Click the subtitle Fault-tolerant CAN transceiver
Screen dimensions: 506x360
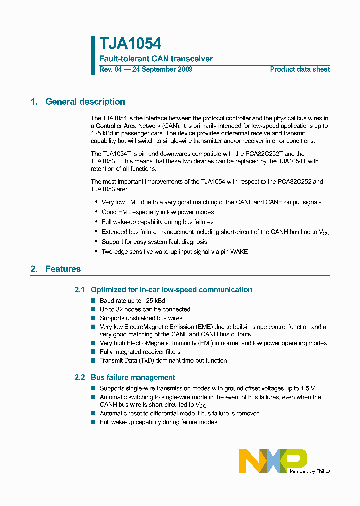[x=156, y=59]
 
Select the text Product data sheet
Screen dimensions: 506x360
[x=300, y=69]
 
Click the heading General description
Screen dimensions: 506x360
[x=85, y=102]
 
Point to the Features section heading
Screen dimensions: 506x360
[x=63, y=269]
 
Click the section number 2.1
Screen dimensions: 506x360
[x=80, y=290]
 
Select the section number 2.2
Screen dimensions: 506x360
[x=80, y=377]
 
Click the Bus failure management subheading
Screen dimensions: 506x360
[x=133, y=377]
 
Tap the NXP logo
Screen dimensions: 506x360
[x=273, y=460]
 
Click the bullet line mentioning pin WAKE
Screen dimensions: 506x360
[x=174, y=252]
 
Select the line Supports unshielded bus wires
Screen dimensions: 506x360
[x=141, y=318]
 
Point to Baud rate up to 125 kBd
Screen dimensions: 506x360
[x=132, y=301]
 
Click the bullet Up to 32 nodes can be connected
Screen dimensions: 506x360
[x=145, y=309]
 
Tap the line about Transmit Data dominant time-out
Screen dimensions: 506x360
[x=163, y=360]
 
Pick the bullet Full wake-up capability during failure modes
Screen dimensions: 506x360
[x=158, y=422]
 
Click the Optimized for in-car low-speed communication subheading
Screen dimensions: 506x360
[x=171, y=290]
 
